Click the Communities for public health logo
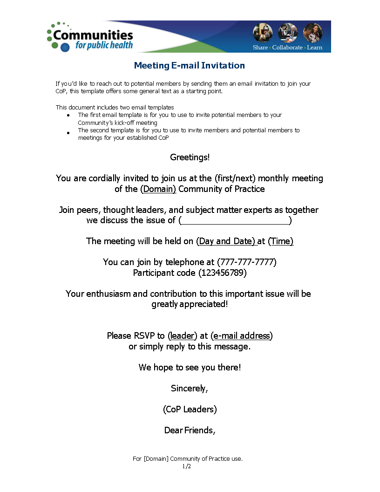pyautogui.click(x=90, y=36)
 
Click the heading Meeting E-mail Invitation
pyautogui.click(x=189, y=66)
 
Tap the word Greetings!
pyautogui.click(x=190, y=157)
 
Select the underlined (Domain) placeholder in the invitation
pyautogui.click(x=158, y=189)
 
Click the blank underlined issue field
pyautogui.click(x=235, y=220)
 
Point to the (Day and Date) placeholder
pyautogui.click(x=226, y=241)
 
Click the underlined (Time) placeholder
pyautogui.click(x=281, y=241)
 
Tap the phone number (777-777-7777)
pyautogui.click(x=247, y=262)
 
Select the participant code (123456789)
pyautogui.click(x=223, y=273)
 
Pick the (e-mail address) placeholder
pyautogui.click(x=242, y=336)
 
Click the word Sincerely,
pyautogui.click(x=190, y=389)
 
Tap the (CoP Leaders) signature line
pyautogui.click(x=190, y=410)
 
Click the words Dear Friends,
pyautogui.click(x=190, y=430)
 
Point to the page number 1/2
pyautogui.click(x=187, y=466)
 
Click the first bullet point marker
pyautogui.click(x=68, y=115)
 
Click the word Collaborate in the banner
pyautogui.click(x=287, y=48)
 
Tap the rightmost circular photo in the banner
pyautogui.click(x=312, y=33)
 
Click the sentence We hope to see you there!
pyautogui.click(x=190, y=368)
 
